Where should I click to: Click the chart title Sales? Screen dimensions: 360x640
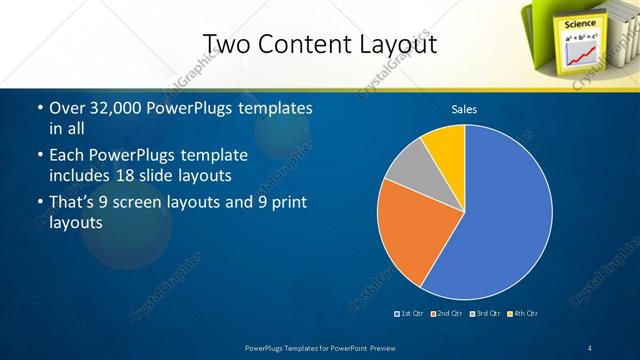click(464, 108)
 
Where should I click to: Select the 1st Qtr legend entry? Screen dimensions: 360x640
click(410, 314)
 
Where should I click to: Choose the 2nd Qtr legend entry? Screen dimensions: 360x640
click(447, 314)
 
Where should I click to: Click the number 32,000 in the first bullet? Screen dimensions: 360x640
click(118, 107)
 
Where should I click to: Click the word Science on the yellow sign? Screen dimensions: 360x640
click(580, 23)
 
